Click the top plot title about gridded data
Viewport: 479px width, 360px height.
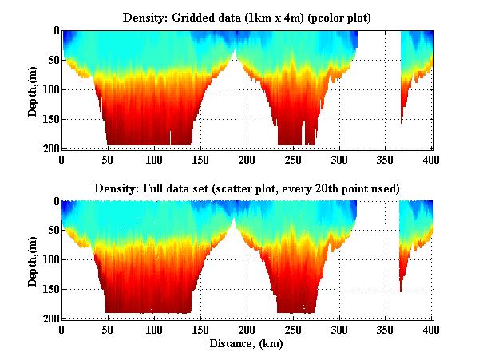tap(247, 17)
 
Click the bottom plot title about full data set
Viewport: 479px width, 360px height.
tap(247, 188)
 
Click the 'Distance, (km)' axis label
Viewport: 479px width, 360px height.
tap(247, 344)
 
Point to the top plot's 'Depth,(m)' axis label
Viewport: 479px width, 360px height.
tap(33, 89)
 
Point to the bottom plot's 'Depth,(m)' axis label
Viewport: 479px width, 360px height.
tap(33, 260)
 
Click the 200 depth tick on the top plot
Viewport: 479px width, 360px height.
tap(49, 148)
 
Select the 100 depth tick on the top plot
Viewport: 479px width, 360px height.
tap(49, 89)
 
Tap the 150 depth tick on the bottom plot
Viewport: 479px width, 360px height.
tap(49, 290)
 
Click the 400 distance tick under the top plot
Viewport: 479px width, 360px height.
tap(432, 158)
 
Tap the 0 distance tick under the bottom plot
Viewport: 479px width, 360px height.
tap(61, 329)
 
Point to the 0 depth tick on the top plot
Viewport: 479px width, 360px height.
tap(54, 30)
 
